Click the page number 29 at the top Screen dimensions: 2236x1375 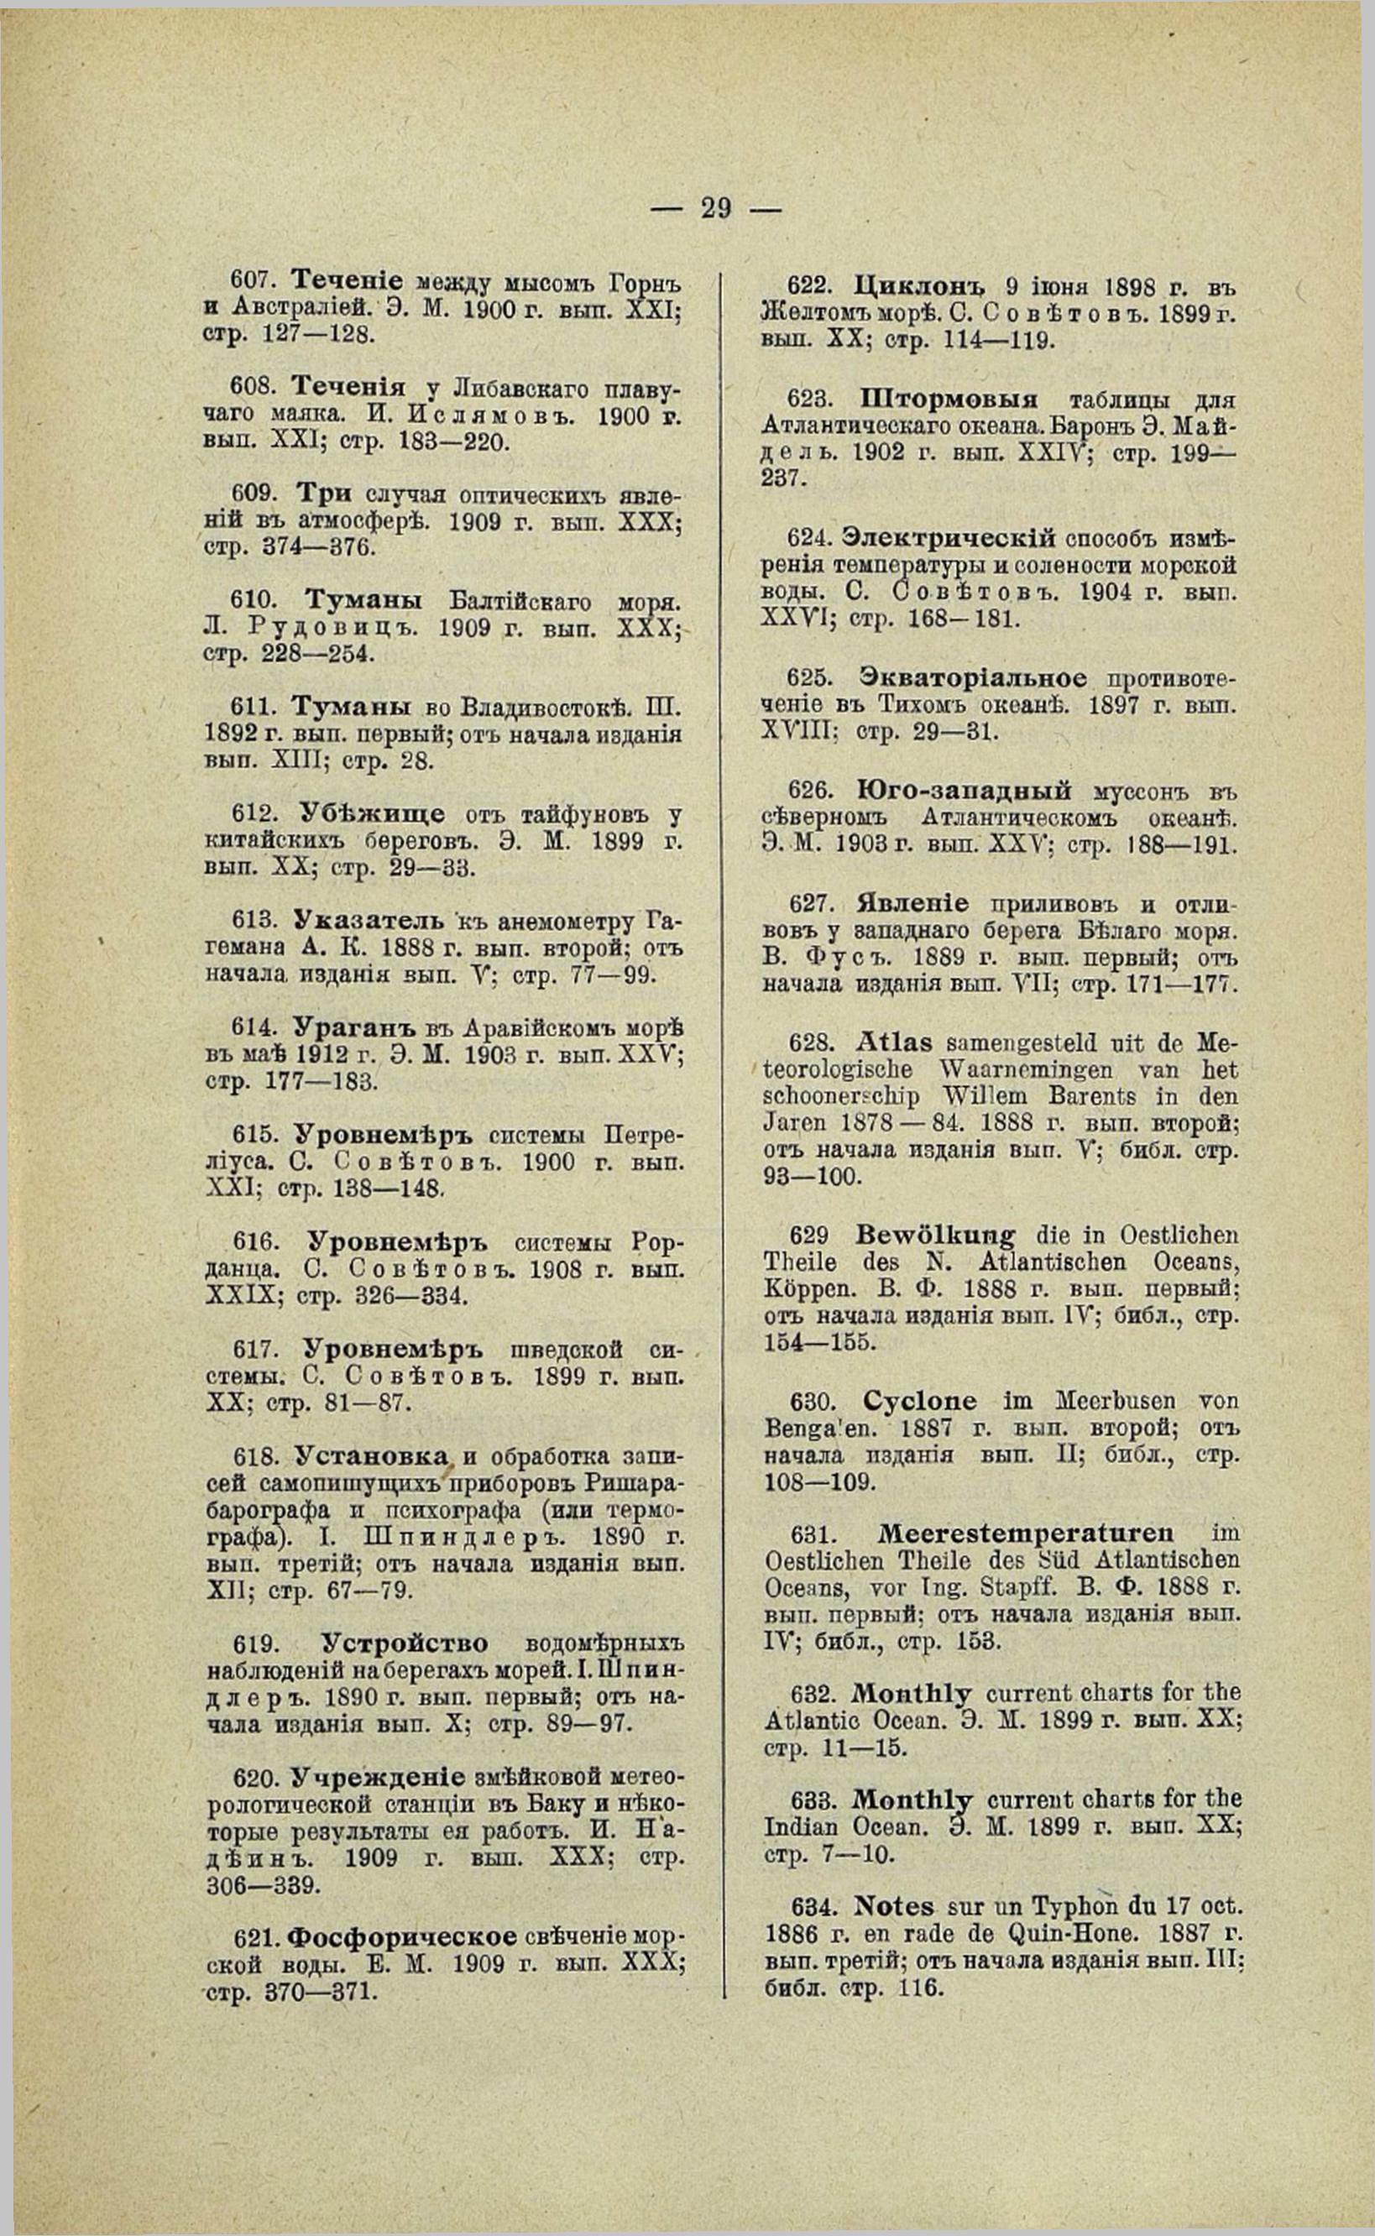(x=716, y=208)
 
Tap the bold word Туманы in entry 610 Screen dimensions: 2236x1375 (x=363, y=601)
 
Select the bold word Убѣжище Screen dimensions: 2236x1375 (x=369, y=813)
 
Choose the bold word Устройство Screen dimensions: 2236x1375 (x=405, y=1644)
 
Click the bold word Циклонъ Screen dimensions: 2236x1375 (x=922, y=285)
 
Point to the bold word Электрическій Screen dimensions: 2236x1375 (x=949, y=538)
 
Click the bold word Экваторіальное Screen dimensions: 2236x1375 (x=972, y=678)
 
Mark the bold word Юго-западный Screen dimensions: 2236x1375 (x=963, y=789)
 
